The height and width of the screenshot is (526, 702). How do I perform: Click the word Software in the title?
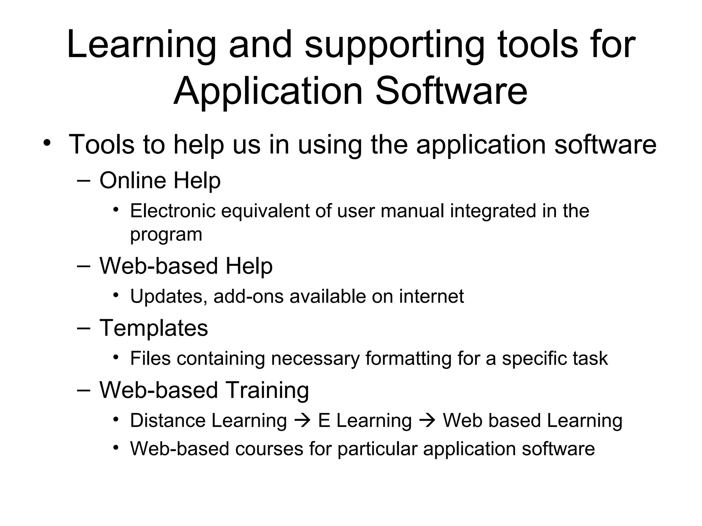coord(451,91)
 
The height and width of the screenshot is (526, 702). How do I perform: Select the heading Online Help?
coord(160,180)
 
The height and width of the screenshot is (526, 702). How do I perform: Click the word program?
coord(166,235)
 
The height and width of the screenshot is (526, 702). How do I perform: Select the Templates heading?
coord(154,328)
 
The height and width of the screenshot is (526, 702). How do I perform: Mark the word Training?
coord(267,390)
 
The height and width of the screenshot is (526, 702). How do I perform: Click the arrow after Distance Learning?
coord(302,421)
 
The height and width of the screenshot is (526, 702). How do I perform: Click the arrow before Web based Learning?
coord(427,421)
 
